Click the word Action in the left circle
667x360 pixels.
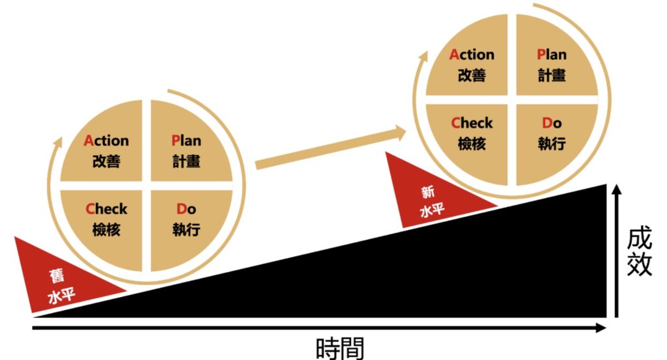[x=106, y=140]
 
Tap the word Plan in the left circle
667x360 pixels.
[x=186, y=140]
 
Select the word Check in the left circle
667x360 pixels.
[x=106, y=209]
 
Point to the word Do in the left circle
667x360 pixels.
[x=186, y=209]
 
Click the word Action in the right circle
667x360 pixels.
[x=472, y=55]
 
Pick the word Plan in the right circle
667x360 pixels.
[x=552, y=55]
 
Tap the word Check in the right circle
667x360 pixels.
[x=472, y=123]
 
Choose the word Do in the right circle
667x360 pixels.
[x=552, y=123]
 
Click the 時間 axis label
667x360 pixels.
[x=340, y=348]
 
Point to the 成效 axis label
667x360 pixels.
[x=640, y=253]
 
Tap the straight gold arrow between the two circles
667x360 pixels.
[x=330, y=148]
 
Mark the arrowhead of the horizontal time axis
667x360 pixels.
[x=601, y=327]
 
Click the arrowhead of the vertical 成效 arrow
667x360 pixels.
[x=617, y=189]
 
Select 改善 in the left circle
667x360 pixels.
[x=106, y=161]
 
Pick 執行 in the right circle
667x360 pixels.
[x=552, y=144]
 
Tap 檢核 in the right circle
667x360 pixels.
[x=472, y=144]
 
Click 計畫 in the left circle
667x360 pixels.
[x=186, y=161]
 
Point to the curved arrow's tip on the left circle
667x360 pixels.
[x=60, y=138]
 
